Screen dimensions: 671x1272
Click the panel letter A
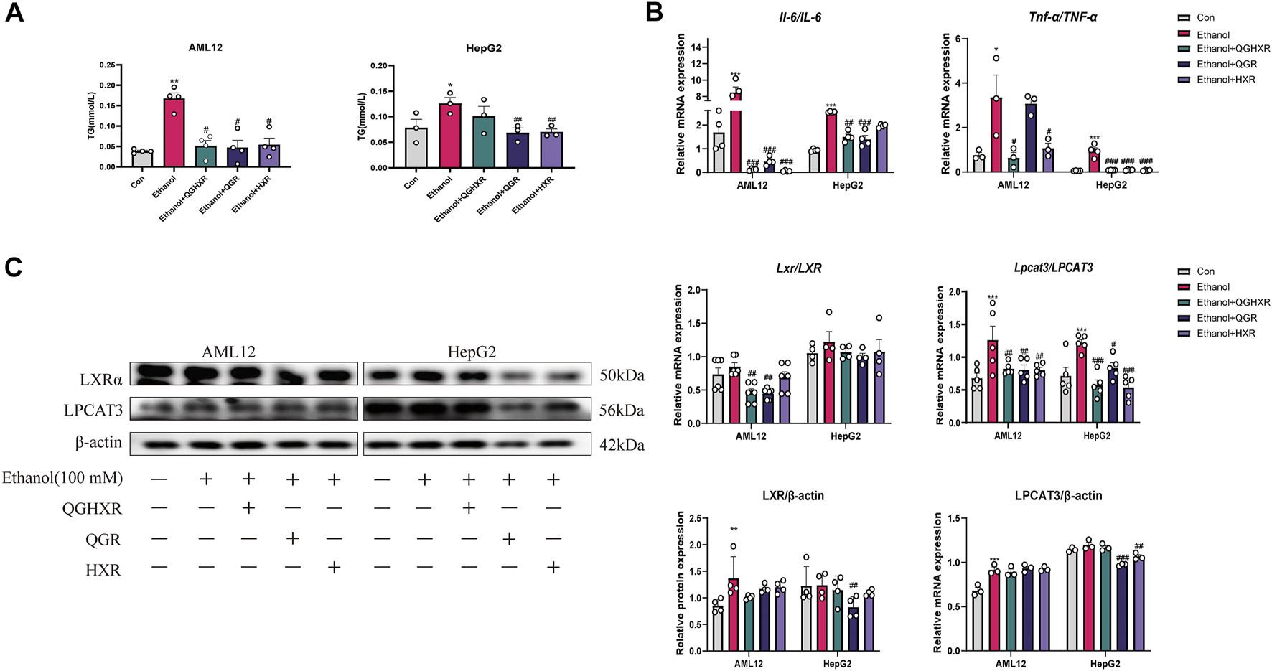click(14, 13)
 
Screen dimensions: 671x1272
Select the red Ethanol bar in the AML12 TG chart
click(174, 133)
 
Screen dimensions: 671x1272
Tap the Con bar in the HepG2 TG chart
click(416, 148)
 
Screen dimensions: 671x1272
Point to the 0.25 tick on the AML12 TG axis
click(106, 65)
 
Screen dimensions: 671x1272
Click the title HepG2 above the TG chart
click(483, 48)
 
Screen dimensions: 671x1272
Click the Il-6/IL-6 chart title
click(800, 17)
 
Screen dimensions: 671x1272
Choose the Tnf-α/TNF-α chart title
click(1062, 17)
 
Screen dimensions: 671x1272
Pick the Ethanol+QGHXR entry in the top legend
click(1233, 49)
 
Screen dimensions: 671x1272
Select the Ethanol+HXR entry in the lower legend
click(1225, 333)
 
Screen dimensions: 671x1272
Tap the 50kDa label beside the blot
click(622, 375)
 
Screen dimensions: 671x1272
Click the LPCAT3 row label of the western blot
click(93, 410)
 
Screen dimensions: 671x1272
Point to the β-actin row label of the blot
click(98, 443)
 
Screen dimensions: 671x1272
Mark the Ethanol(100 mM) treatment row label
click(62, 478)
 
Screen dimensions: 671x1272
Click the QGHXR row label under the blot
click(92, 509)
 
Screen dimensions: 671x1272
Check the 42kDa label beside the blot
click(622, 445)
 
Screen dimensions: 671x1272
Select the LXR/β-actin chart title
click(792, 496)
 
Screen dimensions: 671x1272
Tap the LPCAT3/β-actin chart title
click(1058, 496)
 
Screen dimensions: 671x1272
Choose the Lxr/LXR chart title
click(798, 268)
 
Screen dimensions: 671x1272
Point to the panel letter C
click(14, 268)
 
